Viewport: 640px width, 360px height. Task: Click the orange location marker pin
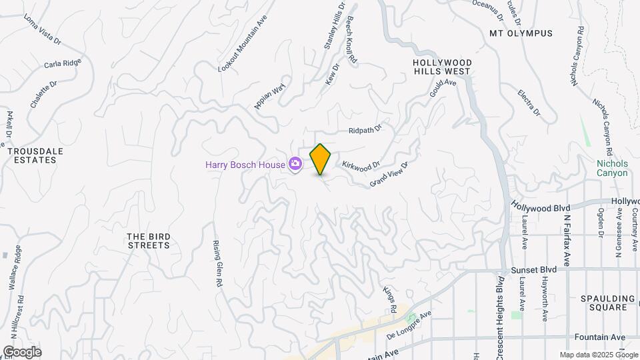(321, 159)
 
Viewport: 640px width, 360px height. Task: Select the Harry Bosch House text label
(245, 163)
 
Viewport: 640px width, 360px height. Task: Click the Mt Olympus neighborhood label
(521, 33)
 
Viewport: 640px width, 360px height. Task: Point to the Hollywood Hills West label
(443, 67)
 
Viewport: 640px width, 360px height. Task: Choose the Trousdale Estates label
(35, 155)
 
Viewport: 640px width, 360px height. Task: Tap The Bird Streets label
(148, 241)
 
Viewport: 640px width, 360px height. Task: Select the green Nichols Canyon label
(612, 168)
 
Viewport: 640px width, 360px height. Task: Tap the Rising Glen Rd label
(217, 264)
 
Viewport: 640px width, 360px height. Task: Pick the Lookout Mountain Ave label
(243, 43)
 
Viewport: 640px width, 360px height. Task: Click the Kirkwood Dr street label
(361, 163)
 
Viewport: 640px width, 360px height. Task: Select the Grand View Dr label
(388, 173)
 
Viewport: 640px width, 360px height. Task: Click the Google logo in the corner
(22, 351)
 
